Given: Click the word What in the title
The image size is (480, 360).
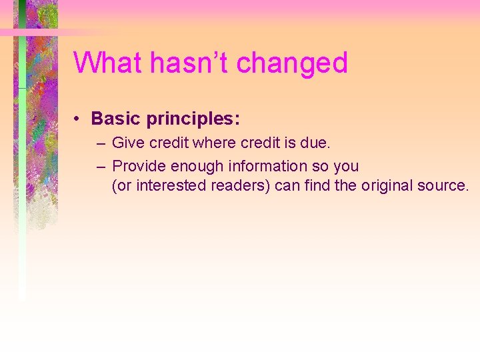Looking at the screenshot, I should click(x=108, y=63).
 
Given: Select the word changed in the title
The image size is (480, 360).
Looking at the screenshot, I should click(x=292, y=64).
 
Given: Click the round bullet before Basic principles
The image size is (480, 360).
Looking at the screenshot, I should click(x=78, y=119).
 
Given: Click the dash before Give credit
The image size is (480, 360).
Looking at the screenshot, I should click(x=100, y=143).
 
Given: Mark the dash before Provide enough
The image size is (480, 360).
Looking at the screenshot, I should click(x=100, y=166).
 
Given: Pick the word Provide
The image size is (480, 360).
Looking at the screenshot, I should click(x=139, y=166).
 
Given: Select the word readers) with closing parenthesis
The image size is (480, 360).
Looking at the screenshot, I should click(x=241, y=185).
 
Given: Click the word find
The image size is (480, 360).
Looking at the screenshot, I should click(x=317, y=185).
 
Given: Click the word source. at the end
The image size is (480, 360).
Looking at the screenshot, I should click(x=447, y=185).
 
